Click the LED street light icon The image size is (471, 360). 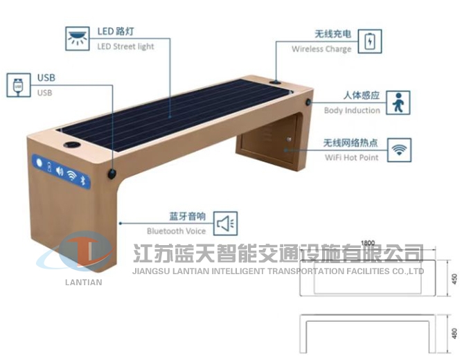tap(78, 37)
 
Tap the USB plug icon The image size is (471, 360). tap(18, 85)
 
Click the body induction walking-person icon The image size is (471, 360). tap(397, 102)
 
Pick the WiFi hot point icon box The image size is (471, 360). tap(399, 150)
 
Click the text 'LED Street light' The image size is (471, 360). tap(125, 46)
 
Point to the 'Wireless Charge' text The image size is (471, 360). tap(321, 49)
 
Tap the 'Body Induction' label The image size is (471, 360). tap(352, 110)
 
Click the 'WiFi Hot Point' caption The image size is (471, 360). tap(352, 157)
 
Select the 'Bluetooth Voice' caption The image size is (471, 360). tap(176, 231)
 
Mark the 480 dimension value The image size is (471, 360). tap(455, 332)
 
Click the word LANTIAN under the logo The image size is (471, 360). tap(84, 282)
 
